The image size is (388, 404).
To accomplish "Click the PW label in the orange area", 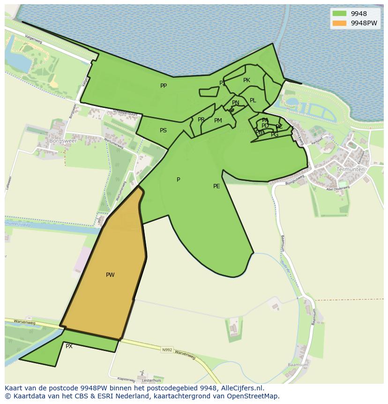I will (110, 275).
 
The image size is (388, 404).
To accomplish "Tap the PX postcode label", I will (69, 346).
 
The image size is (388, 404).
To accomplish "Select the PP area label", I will (164, 86).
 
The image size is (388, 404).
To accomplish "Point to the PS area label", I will (163, 130).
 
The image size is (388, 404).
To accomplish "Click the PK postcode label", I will (246, 80).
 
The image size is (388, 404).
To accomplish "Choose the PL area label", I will (253, 100).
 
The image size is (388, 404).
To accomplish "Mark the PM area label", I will (218, 121).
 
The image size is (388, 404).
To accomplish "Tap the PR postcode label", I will (201, 120).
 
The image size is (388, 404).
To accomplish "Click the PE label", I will (216, 186).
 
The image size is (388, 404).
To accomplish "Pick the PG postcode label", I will (275, 135).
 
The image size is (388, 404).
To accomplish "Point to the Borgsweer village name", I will (63, 140).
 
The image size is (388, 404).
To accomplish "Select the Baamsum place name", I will (298, 365).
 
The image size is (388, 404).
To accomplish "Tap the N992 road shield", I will (167, 350).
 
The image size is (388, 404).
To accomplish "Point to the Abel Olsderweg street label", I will (338, 188).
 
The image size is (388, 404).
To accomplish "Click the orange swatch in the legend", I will (340, 23).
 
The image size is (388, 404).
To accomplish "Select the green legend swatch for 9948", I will (340, 14).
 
